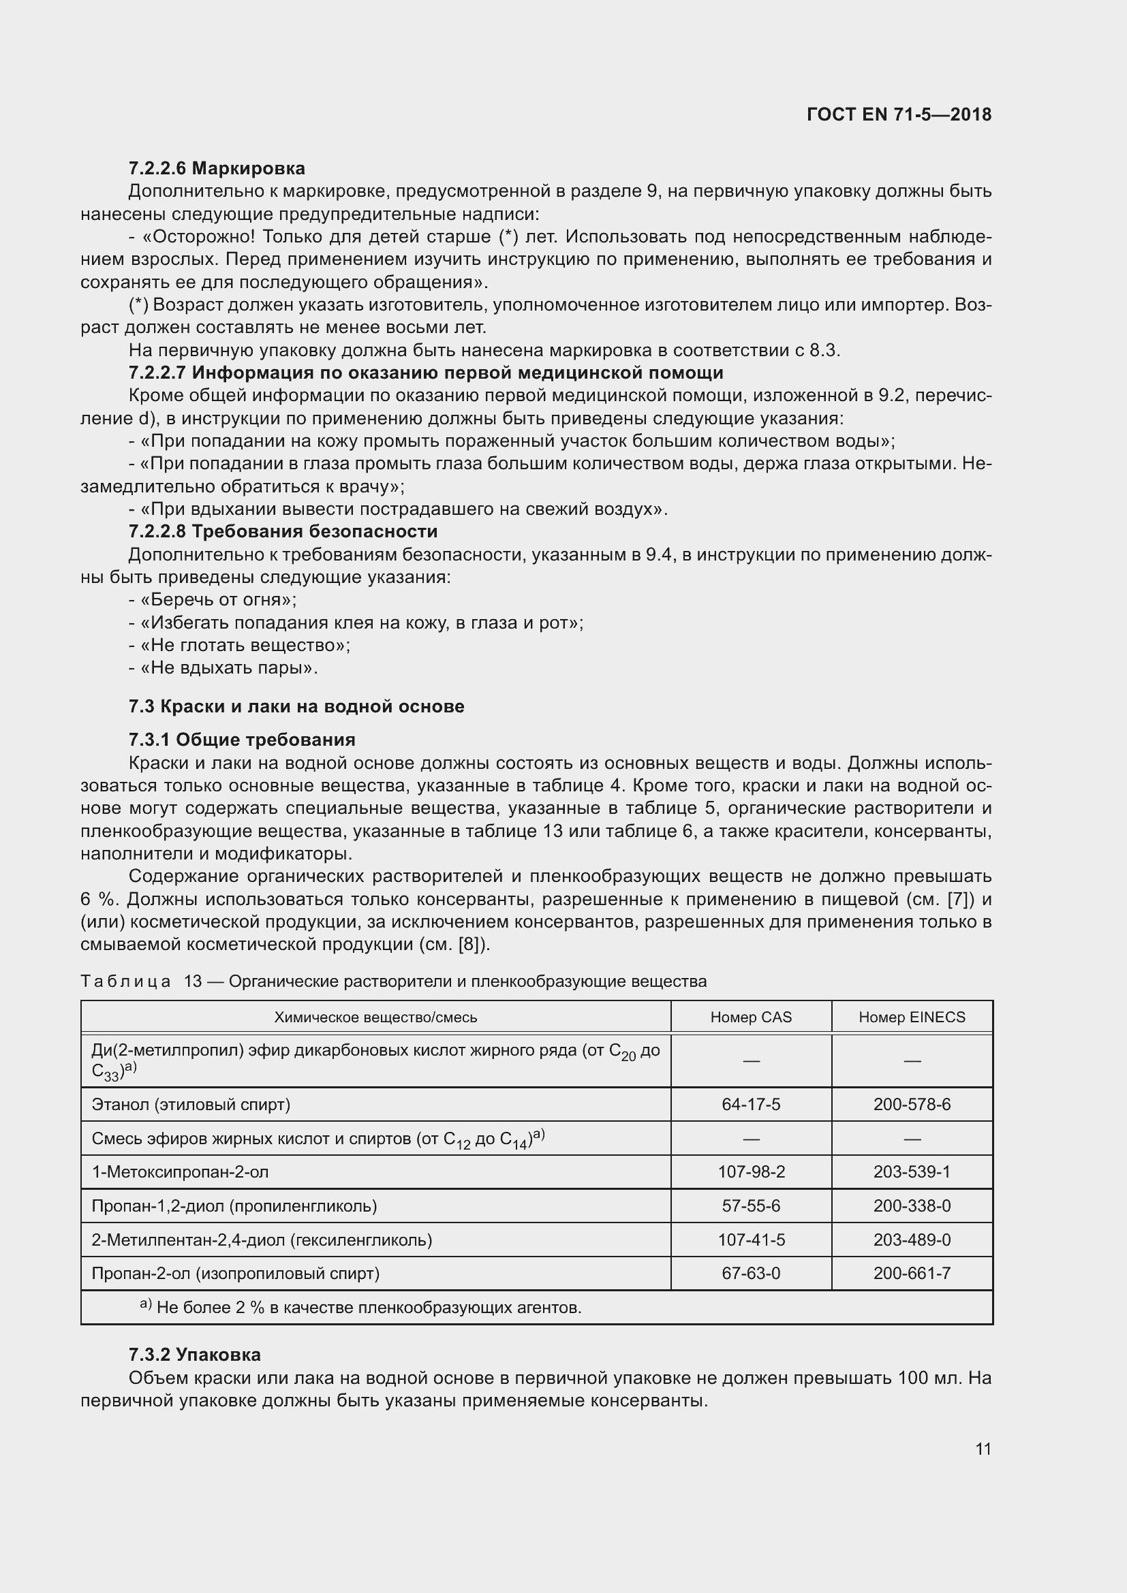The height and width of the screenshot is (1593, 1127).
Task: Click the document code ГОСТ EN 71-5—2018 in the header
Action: pyautogui.click(x=899, y=114)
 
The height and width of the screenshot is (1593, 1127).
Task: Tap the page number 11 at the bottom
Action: pyautogui.click(x=983, y=1449)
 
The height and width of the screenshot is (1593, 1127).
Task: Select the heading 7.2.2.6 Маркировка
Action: pyautogui.click(x=217, y=169)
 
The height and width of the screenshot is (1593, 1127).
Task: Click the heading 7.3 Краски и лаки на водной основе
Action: pyautogui.click(x=296, y=706)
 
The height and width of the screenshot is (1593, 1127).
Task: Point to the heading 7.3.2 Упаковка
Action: pyautogui.click(x=194, y=1355)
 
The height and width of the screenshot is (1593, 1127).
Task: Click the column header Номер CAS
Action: pyautogui.click(x=751, y=1017)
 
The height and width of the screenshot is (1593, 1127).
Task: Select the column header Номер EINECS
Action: pyautogui.click(x=912, y=1017)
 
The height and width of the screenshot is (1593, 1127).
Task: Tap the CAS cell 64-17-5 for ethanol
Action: pyautogui.click(x=751, y=1104)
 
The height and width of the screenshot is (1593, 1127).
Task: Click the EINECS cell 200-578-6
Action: pyautogui.click(x=912, y=1104)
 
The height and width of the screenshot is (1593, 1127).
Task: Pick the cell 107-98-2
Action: pyautogui.click(x=751, y=1172)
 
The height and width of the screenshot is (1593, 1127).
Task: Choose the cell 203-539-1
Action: pyautogui.click(x=912, y=1172)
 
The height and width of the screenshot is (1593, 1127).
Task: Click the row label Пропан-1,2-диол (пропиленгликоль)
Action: pyautogui.click(x=234, y=1206)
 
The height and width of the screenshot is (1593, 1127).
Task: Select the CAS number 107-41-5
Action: pyautogui.click(x=751, y=1240)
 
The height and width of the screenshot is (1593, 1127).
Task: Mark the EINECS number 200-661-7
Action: pyautogui.click(x=912, y=1273)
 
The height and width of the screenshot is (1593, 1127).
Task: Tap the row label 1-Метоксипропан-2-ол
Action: pyautogui.click(x=180, y=1172)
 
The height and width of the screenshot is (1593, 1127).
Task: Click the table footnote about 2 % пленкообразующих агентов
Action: pyautogui.click(x=361, y=1308)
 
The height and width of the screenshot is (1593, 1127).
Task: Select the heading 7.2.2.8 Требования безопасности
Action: pyautogui.click(x=283, y=531)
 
